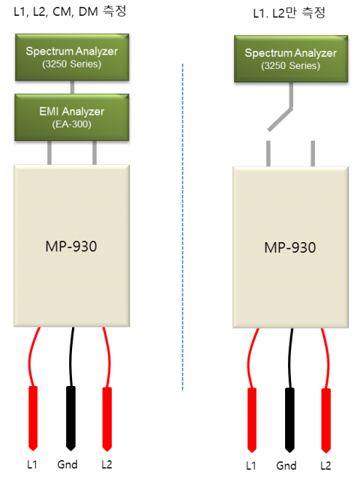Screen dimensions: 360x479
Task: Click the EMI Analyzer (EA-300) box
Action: (x=72, y=117)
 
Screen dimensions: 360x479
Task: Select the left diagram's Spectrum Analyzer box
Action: (x=72, y=57)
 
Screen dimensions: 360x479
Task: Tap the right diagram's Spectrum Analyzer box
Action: (x=291, y=58)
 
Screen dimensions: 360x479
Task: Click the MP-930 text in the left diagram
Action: (x=71, y=246)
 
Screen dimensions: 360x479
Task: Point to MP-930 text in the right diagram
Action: (x=290, y=247)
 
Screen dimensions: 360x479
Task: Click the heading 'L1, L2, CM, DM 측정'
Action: (x=70, y=11)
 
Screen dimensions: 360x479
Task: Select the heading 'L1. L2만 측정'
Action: (x=289, y=13)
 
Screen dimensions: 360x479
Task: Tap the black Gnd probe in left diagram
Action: (x=71, y=418)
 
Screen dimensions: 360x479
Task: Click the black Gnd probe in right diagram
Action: (x=289, y=420)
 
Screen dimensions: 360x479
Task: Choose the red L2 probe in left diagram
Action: (x=107, y=419)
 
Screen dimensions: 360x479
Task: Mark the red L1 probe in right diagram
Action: (x=252, y=420)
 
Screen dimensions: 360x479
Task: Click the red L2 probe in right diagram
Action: (x=325, y=421)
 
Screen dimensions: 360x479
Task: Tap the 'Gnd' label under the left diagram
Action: (x=67, y=465)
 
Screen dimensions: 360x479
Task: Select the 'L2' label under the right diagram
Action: (x=325, y=466)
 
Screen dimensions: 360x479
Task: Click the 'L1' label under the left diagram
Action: (x=32, y=465)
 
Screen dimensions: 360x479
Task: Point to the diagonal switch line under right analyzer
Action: (x=280, y=119)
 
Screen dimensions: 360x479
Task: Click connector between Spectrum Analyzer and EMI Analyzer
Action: (x=72, y=88)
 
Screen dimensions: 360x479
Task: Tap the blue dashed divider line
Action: (x=183, y=227)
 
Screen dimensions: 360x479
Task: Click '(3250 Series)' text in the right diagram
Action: (x=291, y=66)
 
